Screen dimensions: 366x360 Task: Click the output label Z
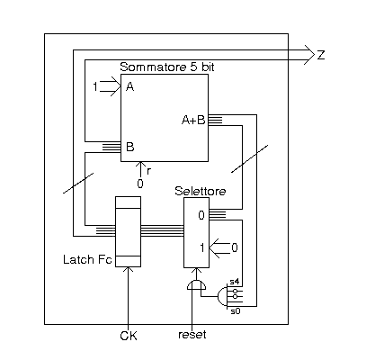321,55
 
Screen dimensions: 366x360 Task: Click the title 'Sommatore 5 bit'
167,67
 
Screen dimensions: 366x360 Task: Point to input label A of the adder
130,87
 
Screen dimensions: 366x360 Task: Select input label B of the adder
130,147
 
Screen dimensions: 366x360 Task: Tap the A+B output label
193,121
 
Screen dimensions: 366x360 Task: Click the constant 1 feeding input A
95,87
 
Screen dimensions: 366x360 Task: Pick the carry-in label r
148,171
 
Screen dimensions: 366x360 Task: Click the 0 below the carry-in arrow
140,184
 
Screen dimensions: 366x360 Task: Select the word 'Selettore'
201,191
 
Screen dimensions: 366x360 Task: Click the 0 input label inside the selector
201,215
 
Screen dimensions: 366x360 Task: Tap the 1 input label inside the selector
202,247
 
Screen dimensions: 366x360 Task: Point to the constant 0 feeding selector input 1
235,247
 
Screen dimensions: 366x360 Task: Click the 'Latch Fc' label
87,259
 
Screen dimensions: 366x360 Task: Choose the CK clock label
129,336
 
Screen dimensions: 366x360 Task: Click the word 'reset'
192,335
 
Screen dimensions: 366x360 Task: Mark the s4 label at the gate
234,282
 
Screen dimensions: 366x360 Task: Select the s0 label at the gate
236,311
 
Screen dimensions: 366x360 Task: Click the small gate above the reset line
196,285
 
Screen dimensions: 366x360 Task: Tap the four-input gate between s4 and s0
223,297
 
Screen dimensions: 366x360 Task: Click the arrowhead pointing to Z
309,55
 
